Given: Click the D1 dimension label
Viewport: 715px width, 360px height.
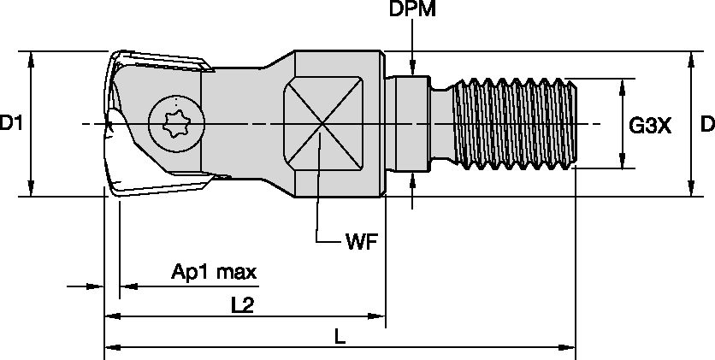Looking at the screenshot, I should click(11, 125).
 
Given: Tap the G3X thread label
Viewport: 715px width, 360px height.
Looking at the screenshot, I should click(650, 126).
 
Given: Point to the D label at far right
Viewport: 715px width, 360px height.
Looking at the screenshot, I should click(706, 125).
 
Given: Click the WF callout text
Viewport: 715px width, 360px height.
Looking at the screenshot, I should click(361, 241).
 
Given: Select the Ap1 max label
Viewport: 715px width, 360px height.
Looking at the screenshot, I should click(214, 273).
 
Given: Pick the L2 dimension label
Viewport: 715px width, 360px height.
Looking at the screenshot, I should click(245, 304).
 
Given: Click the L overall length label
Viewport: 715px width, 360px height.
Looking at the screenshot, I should click(340, 337).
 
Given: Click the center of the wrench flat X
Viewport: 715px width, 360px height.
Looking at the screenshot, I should click(321, 125).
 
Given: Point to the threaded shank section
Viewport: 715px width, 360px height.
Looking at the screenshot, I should click(513, 124).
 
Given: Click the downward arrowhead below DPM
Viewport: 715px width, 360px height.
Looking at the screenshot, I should click(413, 70).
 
